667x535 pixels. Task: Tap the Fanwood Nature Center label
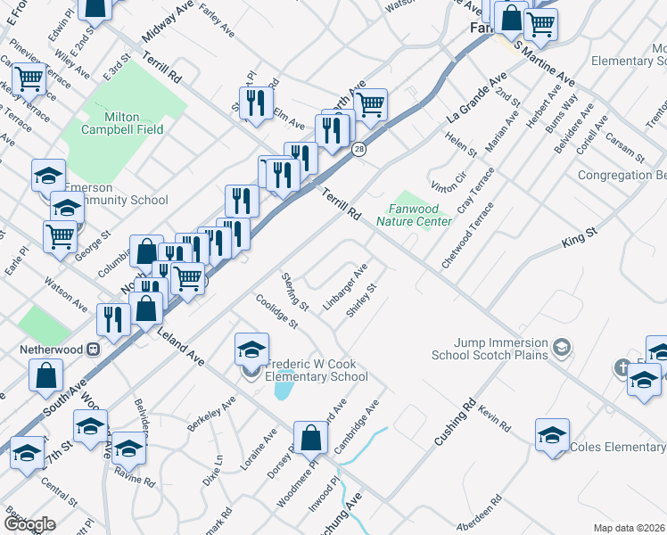414,215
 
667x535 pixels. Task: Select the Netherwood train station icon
91,350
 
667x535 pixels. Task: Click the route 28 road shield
358,149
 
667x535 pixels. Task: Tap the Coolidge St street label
276,311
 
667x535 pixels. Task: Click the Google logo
29,524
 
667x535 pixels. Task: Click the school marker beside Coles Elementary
552,436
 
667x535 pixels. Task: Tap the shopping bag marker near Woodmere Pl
311,438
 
